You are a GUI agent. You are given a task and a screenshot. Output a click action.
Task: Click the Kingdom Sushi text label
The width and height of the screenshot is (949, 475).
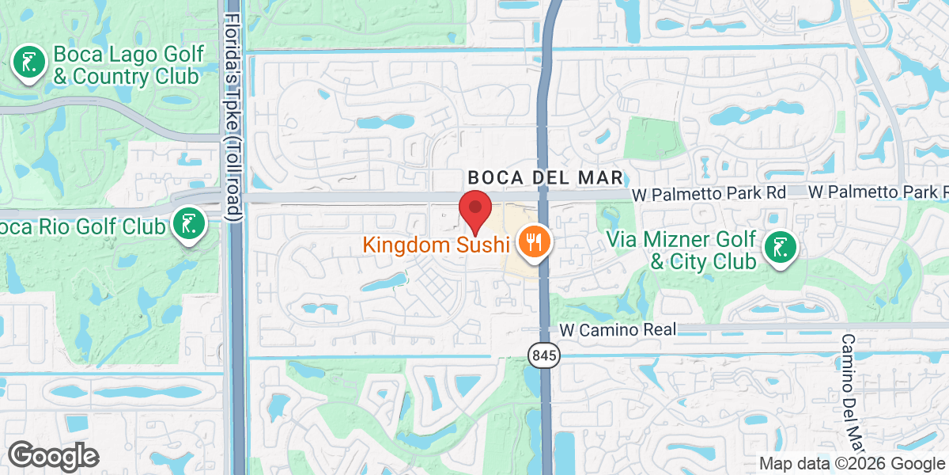coord(435,245)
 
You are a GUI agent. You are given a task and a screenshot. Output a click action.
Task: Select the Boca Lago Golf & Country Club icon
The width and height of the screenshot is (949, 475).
coord(29,63)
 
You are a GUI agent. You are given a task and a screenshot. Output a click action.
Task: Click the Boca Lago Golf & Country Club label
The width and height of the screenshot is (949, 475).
coord(128,66)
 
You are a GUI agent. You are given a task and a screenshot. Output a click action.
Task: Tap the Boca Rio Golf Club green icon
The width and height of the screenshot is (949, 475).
coord(189,225)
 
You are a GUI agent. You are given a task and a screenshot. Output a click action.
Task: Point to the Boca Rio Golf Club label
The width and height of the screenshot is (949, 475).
coord(83,226)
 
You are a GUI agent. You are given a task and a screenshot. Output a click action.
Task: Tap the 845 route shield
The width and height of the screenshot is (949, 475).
coord(544,356)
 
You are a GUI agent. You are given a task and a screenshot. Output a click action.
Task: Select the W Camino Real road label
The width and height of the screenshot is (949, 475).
coord(618,329)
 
